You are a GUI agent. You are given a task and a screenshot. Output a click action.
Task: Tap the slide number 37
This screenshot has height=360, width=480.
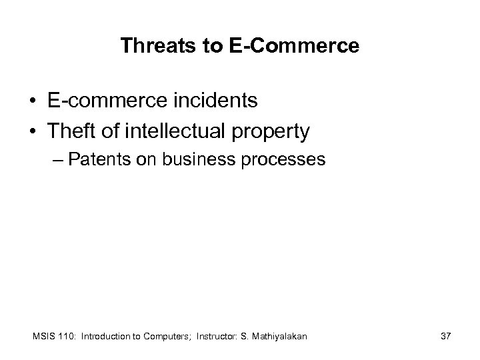click(445, 337)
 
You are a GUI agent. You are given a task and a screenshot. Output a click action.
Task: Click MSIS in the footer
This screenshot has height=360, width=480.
click(42, 337)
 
